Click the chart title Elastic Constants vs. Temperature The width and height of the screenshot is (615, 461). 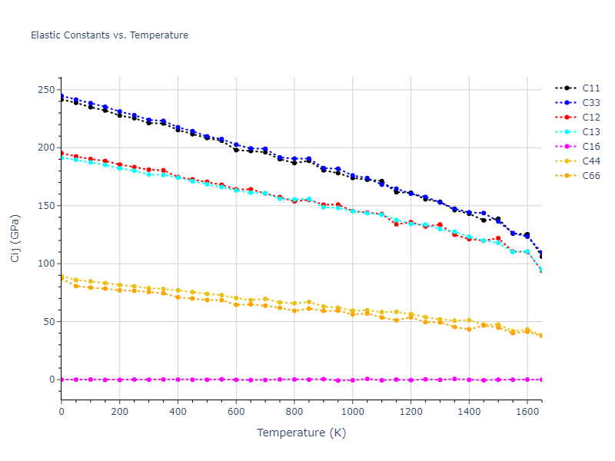click(x=109, y=35)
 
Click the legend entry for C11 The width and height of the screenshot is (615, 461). click(x=590, y=88)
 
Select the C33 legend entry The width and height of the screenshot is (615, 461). click(x=590, y=103)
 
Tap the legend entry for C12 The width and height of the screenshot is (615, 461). click(x=590, y=118)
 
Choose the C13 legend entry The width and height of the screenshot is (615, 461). click(x=590, y=132)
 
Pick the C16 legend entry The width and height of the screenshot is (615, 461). click(x=590, y=147)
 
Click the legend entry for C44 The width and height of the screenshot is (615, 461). click(x=590, y=161)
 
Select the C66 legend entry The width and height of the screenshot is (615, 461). click(x=590, y=176)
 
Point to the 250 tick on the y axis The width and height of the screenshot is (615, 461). click(x=45, y=90)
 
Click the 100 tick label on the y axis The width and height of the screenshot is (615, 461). click(x=45, y=264)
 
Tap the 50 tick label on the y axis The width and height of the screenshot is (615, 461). click(x=48, y=322)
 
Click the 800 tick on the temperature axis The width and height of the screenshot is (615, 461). click(x=294, y=412)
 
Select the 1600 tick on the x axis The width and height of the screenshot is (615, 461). click(x=527, y=412)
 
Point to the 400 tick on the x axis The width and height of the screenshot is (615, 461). click(x=178, y=412)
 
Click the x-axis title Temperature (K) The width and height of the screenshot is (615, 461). click(x=301, y=433)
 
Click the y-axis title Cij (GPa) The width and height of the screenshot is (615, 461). click(x=15, y=238)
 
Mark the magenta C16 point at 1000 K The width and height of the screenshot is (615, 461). click(x=353, y=380)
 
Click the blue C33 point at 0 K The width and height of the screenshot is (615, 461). click(x=61, y=96)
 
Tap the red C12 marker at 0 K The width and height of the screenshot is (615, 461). click(x=61, y=153)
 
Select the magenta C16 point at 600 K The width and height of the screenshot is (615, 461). click(x=236, y=380)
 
